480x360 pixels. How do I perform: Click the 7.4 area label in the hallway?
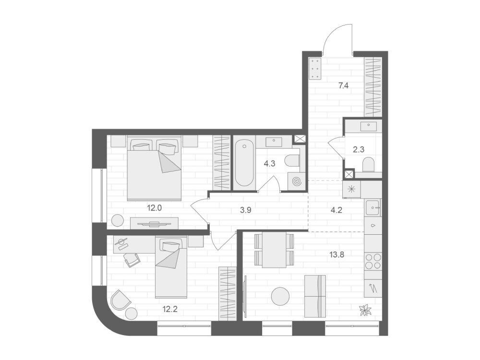tap(344, 86)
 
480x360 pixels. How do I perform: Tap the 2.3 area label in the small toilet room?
tap(359, 150)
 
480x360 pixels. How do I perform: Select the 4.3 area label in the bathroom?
tap(269, 164)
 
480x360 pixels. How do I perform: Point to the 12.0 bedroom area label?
tap(154, 208)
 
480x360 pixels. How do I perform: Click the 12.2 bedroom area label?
tap(170, 309)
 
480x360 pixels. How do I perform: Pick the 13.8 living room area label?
tap(337, 254)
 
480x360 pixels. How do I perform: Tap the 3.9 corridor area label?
tap(246, 210)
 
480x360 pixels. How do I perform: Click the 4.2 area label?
tap(336, 210)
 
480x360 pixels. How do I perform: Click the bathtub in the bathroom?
tap(244, 163)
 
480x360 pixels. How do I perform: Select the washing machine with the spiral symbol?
tap(297, 181)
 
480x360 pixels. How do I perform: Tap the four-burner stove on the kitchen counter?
tap(373, 261)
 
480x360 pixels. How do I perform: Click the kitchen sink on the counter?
tap(373, 207)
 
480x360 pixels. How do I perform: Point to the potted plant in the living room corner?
tap(365, 310)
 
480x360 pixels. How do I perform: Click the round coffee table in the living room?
tap(280, 296)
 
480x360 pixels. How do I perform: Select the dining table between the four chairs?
tap(274, 250)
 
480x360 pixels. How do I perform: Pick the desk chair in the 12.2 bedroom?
tap(132, 260)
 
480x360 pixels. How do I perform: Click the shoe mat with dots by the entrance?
tap(315, 69)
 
